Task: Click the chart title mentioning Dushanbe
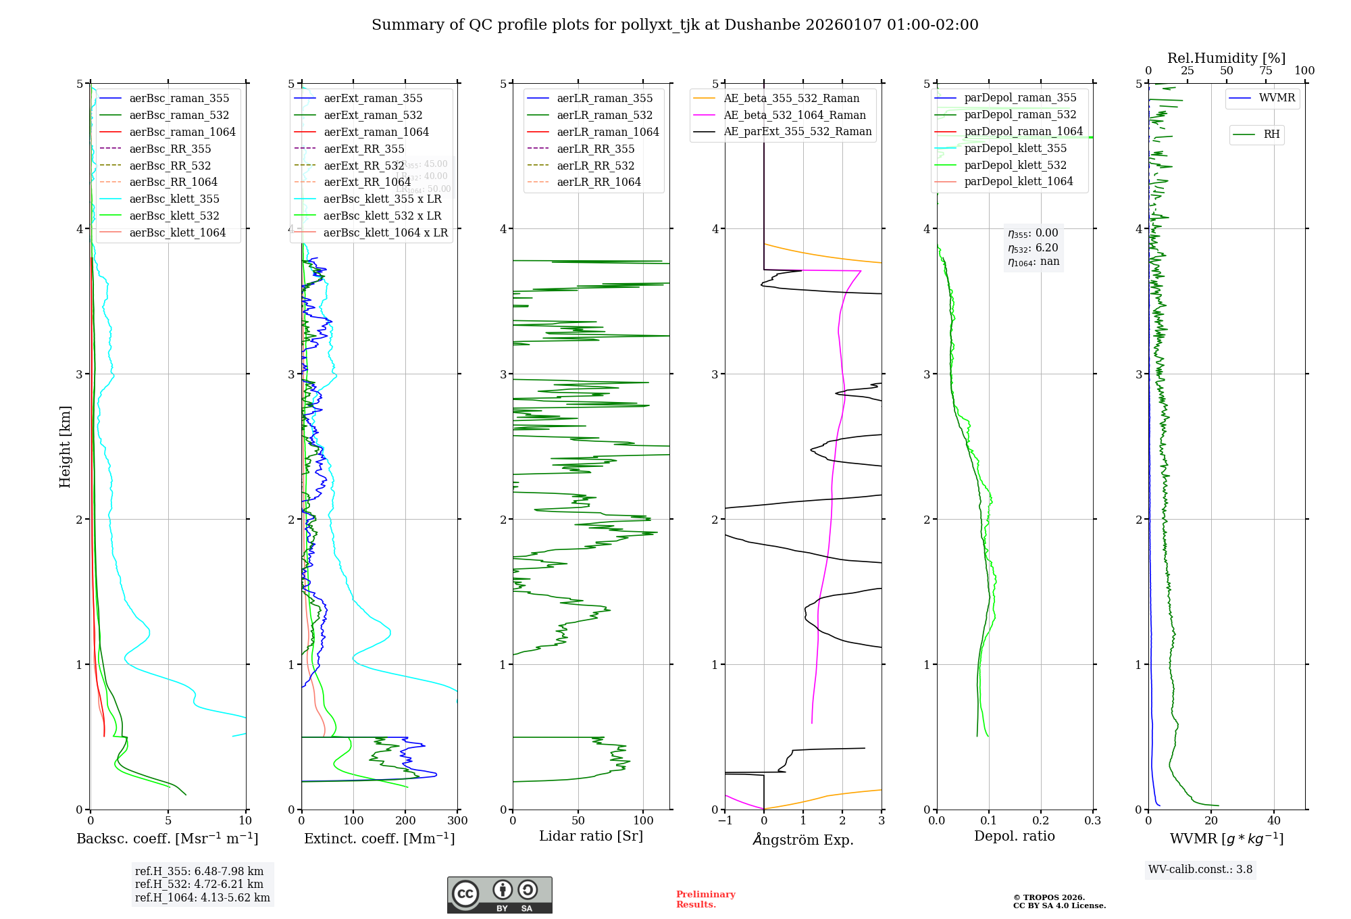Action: pyautogui.click(x=675, y=25)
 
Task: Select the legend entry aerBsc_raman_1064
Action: pyautogui.click(x=182, y=132)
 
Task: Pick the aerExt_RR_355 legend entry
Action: pyautogui.click(x=363, y=149)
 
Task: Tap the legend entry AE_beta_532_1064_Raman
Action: pyautogui.click(x=794, y=115)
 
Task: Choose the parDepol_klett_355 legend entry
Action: pyautogui.click(x=1015, y=148)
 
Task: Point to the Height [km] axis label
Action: pyautogui.click(x=65, y=446)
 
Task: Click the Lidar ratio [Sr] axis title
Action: pyautogui.click(x=591, y=836)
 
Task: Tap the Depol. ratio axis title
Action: pyautogui.click(x=1014, y=836)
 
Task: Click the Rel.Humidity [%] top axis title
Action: pyautogui.click(x=1226, y=58)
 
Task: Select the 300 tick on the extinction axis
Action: pyautogui.click(x=457, y=821)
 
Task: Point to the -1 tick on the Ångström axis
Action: pyautogui.click(x=725, y=821)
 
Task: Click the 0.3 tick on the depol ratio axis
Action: pyautogui.click(x=1092, y=821)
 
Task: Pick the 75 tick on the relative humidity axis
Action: pyautogui.click(x=1265, y=71)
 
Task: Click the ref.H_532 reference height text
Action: pyautogui.click(x=199, y=884)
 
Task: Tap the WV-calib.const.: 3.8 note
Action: pyautogui.click(x=1200, y=870)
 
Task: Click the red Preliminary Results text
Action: pyautogui.click(x=705, y=899)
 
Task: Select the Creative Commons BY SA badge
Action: pyautogui.click(x=499, y=895)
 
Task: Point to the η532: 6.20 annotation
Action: pyautogui.click(x=1033, y=248)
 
